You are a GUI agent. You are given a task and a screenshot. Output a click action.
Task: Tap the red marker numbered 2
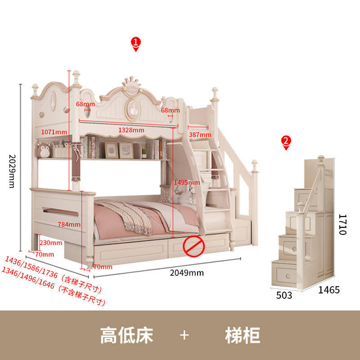click(x=286, y=142)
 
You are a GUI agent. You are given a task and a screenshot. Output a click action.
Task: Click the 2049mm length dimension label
click(x=187, y=273)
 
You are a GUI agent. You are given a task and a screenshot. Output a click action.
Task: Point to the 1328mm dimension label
click(x=131, y=130)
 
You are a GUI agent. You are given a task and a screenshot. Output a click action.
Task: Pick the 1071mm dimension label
click(x=54, y=132)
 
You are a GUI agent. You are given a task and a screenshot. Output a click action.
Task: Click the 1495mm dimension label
click(x=187, y=182)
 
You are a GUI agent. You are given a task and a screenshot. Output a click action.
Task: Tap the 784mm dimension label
click(x=69, y=224)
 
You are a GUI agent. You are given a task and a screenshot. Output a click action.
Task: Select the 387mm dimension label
click(x=200, y=135)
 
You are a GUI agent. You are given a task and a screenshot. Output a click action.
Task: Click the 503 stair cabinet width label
click(x=283, y=295)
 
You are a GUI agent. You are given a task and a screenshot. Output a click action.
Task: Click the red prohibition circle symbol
click(x=193, y=246)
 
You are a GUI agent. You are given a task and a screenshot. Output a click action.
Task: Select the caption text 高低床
click(x=126, y=336)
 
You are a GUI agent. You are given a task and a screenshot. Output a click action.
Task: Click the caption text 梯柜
click(x=243, y=336)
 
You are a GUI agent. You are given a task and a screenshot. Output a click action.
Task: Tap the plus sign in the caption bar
click(x=184, y=336)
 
